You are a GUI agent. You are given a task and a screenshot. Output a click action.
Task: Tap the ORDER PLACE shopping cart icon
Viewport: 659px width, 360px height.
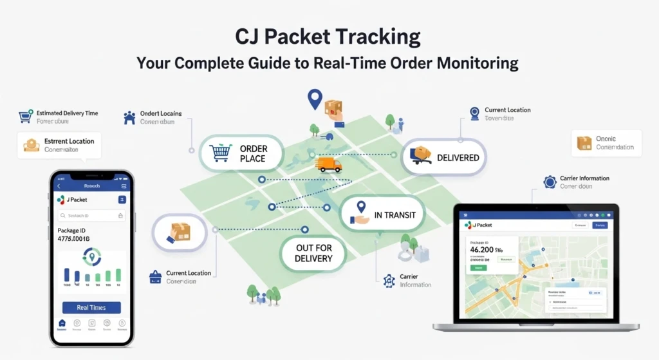pyautogui.click(x=221, y=153)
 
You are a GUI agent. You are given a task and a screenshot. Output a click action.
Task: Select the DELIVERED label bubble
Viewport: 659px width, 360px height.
pyautogui.click(x=458, y=158)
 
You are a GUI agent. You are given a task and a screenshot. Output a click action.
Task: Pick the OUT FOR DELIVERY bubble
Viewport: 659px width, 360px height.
pyautogui.click(x=313, y=253)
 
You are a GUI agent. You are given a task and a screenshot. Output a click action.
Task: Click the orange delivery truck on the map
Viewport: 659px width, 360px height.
pyautogui.click(x=328, y=165)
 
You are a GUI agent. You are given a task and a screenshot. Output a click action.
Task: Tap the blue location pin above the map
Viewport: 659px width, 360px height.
pyautogui.click(x=314, y=99)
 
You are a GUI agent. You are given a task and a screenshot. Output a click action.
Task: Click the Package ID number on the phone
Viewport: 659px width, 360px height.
pyautogui.click(x=73, y=239)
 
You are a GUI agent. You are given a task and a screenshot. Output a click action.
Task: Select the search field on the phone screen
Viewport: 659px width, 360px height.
pyautogui.click(x=90, y=216)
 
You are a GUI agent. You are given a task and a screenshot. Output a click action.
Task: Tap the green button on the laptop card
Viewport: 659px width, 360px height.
pyautogui.click(x=479, y=267)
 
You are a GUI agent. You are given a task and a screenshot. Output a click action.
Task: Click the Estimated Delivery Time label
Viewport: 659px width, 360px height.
pyautogui.click(x=67, y=113)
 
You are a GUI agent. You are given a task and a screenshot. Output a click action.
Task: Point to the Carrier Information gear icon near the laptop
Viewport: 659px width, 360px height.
pyautogui.click(x=550, y=182)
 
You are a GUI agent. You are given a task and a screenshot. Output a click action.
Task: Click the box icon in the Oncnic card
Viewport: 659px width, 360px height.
pyautogui.click(x=584, y=143)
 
